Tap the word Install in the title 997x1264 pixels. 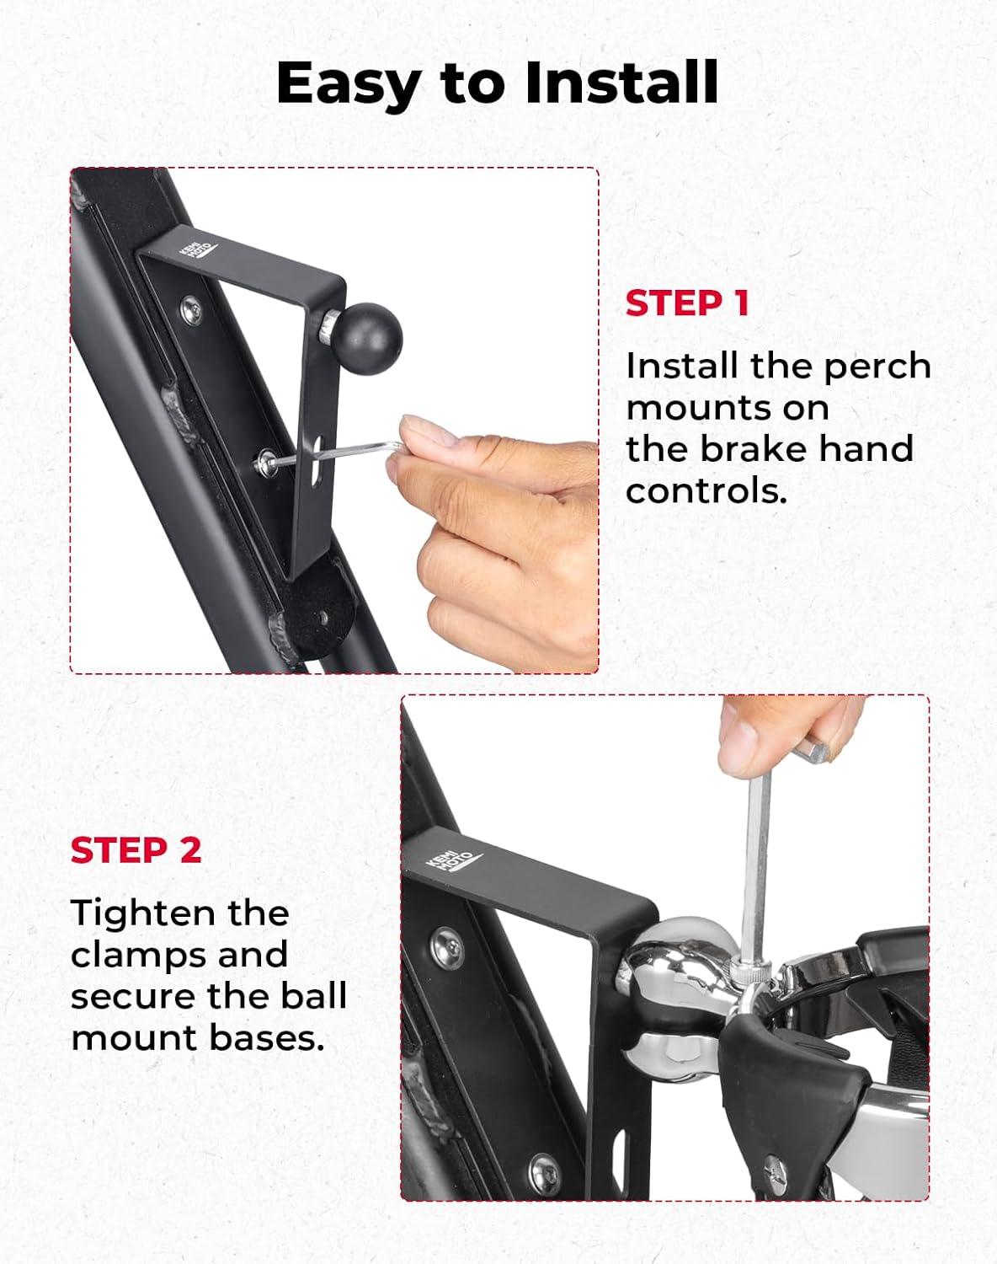click(x=621, y=83)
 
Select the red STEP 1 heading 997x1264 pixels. click(x=687, y=303)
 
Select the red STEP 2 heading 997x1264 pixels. click(x=136, y=850)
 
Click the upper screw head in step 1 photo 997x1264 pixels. click(x=190, y=309)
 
